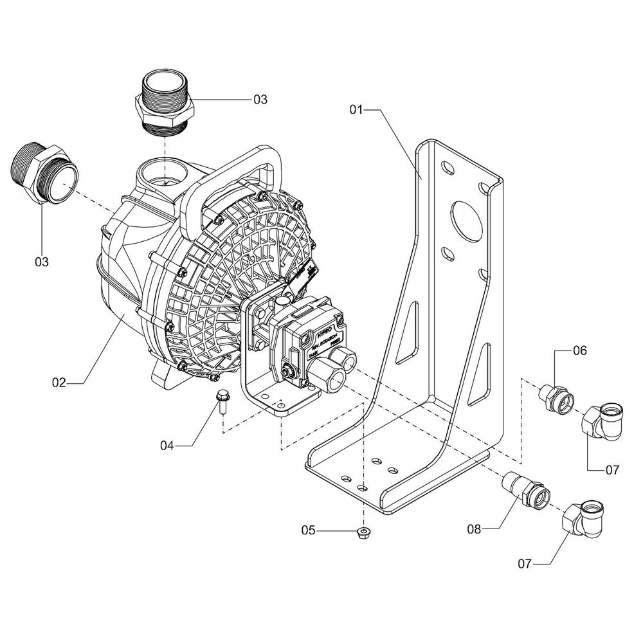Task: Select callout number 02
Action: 59,383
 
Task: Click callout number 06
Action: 580,351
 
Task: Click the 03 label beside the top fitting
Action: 260,99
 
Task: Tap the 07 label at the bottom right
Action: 526,564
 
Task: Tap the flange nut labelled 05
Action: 363,532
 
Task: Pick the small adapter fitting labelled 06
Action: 557,397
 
